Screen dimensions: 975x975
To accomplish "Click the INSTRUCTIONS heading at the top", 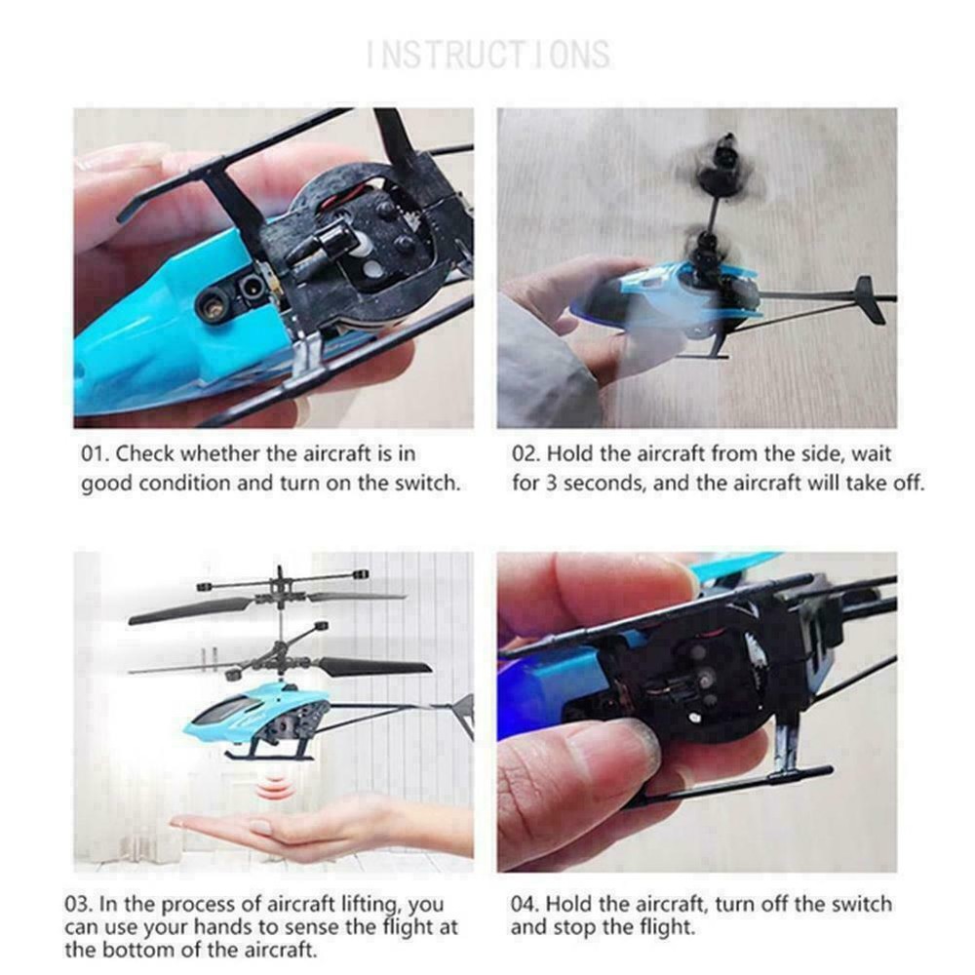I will pyautogui.click(x=487, y=54).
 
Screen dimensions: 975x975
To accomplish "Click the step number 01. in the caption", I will pyautogui.click(x=95, y=454).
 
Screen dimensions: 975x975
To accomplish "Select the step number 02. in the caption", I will pyautogui.click(x=527, y=454).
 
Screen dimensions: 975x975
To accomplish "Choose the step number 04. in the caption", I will pyautogui.click(x=527, y=905).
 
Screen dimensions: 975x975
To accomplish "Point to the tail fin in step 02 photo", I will pyautogui.click(x=868, y=298).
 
